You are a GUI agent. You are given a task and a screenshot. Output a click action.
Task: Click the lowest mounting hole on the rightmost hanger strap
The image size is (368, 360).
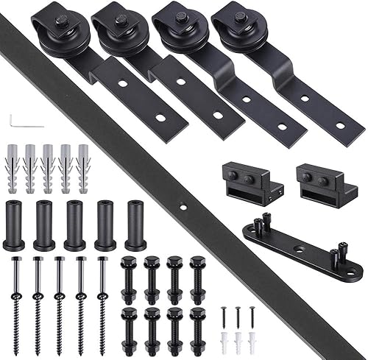pos(340,125)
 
